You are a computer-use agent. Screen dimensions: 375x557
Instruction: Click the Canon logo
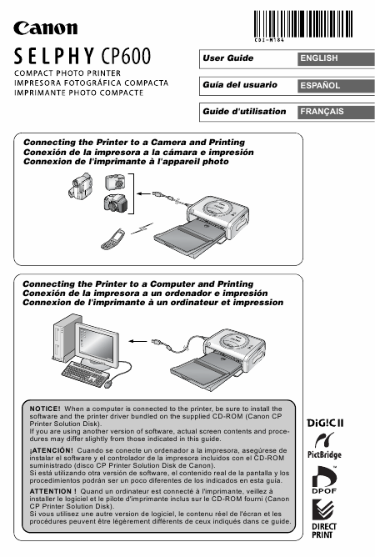coord(46,28)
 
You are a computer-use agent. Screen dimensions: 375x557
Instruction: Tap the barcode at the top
coord(302,24)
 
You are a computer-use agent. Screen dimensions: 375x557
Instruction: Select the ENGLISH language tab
coord(336,58)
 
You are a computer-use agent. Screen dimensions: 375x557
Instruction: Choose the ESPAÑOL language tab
coord(336,86)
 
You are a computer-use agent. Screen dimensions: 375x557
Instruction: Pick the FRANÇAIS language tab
coord(336,112)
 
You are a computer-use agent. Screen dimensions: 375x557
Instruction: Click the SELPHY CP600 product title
coord(82,56)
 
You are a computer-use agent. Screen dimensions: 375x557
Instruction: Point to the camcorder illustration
coord(80,185)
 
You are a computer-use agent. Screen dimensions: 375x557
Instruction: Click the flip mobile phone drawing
coord(113,239)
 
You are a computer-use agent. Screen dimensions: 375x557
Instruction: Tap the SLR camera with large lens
coord(115,203)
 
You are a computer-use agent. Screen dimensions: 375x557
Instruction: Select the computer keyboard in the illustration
coord(85,374)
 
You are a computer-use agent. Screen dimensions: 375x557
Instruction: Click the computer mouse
coord(108,384)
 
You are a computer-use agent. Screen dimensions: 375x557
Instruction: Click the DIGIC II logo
coord(325,423)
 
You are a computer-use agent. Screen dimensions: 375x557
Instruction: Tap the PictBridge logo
coord(324,445)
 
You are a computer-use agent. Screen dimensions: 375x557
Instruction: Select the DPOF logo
coord(324,480)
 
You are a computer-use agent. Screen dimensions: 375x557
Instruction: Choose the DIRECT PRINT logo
coord(324,519)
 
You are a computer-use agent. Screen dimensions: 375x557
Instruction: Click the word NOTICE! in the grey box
coord(45,409)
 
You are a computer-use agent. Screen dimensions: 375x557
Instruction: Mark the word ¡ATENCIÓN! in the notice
coord(51,450)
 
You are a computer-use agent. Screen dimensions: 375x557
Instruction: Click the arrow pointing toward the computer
coord(137,341)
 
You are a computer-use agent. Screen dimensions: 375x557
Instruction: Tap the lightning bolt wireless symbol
coord(142,228)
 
